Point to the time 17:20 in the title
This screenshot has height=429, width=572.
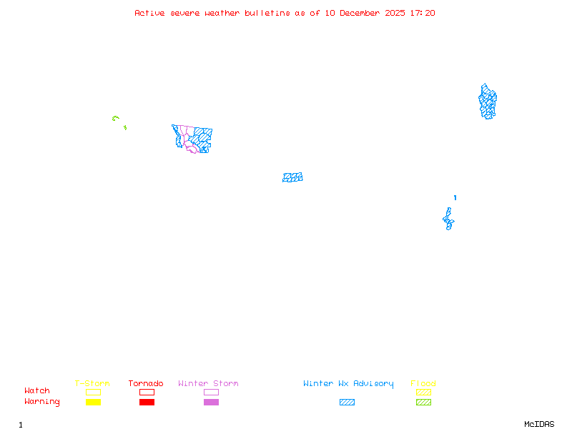point(423,13)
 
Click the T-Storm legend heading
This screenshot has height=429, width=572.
point(92,383)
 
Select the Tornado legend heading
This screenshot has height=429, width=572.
point(146,383)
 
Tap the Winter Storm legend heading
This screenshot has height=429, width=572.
point(208,383)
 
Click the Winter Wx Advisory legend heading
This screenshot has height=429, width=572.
point(348,383)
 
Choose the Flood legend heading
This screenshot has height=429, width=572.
point(423,383)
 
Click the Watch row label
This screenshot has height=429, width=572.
point(37,391)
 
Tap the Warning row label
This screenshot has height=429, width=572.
point(42,402)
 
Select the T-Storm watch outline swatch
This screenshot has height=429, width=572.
point(93,392)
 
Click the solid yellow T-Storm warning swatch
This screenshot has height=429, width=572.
point(93,402)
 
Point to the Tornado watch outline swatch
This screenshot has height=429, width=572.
point(147,392)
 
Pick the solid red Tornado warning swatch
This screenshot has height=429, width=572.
point(147,402)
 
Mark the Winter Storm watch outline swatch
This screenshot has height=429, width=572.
point(211,392)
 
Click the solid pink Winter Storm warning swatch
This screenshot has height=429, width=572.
point(211,402)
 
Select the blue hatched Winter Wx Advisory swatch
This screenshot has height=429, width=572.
point(347,402)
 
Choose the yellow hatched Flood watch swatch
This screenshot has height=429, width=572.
point(423,392)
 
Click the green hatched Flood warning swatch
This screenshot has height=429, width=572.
point(423,402)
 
